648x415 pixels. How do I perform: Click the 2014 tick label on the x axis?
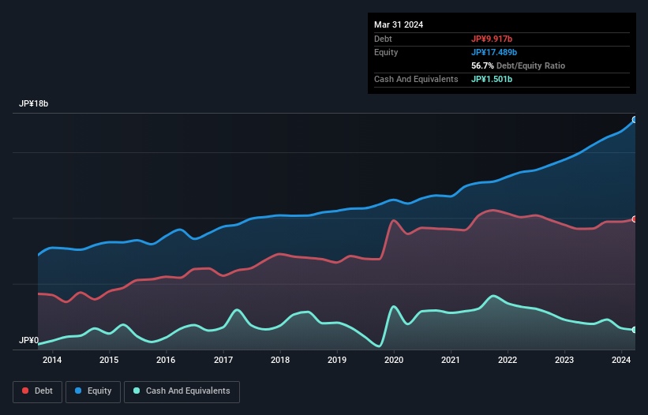pyautogui.click(x=52, y=361)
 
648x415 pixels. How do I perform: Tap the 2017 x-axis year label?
pyautogui.click(x=223, y=361)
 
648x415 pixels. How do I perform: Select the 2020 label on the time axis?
pyautogui.click(x=394, y=361)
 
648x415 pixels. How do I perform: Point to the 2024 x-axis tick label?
pyautogui.click(x=621, y=361)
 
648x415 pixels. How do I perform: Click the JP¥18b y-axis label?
pyautogui.click(x=36, y=104)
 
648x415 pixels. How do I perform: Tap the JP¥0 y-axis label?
pyautogui.click(x=29, y=341)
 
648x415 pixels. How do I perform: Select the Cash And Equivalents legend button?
pyautogui.click(x=182, y=391)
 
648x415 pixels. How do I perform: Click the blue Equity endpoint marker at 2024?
pyautogui.click(x=635, y=120)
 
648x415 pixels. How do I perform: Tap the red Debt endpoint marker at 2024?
pyautogui.click(x=635, y=219)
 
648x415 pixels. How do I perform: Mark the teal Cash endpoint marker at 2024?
pyautogui.click(x=635, y=329)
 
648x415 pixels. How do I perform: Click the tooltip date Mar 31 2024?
pyautogui.click(x=399, y=24)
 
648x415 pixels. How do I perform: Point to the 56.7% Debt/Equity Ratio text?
pyautogui.click(x=518, y=65)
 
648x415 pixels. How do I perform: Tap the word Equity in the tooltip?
pyautogui.click(x=386, y=52)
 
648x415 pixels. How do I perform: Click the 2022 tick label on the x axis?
pyautogui.click(x=508, y=361)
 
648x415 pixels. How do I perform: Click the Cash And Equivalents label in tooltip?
pyautogui.click(x=416, y=79)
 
